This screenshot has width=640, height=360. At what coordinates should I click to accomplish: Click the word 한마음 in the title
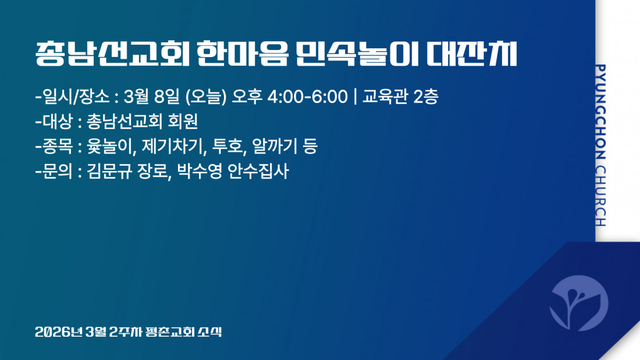click(243, 54)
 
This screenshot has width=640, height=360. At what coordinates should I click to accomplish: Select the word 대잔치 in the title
click(471, 54)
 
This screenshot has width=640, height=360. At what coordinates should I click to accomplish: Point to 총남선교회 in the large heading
click(112, 54)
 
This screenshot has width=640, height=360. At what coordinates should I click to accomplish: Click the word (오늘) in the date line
click(206, 97)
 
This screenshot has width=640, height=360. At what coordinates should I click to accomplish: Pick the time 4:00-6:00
click(307, 97)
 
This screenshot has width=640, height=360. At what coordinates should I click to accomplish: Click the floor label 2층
click(426, 97)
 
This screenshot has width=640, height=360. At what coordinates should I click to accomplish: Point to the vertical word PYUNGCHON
click(600, 112)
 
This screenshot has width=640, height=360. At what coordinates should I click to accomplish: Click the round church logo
click(578, 303)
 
